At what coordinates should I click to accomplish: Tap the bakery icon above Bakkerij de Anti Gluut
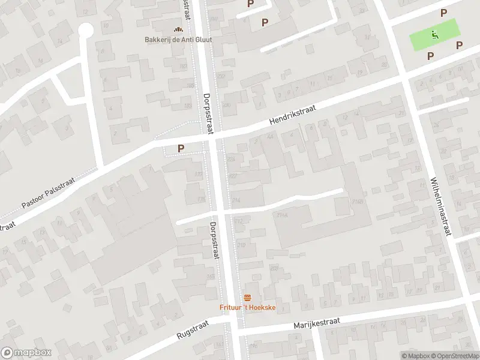(178, 29)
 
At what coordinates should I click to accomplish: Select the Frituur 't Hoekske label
(247, 308)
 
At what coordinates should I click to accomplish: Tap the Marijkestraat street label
(317, 323)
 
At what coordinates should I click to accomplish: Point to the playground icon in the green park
(434, 34)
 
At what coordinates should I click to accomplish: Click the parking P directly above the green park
(443, 13)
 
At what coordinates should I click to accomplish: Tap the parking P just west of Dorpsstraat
(180, 148)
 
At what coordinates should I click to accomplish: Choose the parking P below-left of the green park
(430, 55)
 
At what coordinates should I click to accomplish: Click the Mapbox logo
(25, 352)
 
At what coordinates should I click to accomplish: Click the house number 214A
(281, 215)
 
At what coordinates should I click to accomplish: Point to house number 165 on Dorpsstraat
(210, 277)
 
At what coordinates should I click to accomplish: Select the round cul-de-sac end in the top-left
(86, 29)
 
